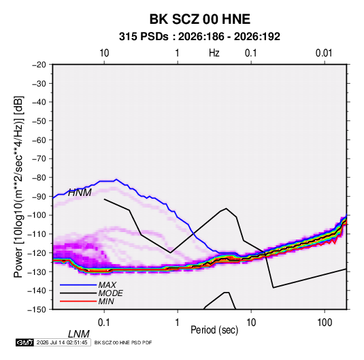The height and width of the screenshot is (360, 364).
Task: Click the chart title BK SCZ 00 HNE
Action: coord(199,19)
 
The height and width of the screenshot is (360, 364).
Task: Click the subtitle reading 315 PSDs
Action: coord(144,37)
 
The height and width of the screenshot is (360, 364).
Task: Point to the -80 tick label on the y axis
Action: coord(39,178)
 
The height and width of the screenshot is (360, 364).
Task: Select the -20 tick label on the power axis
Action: coord(39,65)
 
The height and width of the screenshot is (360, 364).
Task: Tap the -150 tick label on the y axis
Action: coord(37,310)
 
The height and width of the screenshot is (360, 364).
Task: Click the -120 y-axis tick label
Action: coord(37,252)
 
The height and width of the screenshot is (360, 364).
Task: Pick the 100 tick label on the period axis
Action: coord(325,323)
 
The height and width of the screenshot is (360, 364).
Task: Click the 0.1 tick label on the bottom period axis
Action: coord(104,323)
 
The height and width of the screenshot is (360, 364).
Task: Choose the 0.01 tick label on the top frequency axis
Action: coord(324,53)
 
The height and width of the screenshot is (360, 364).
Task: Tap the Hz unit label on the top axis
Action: coord(214,53)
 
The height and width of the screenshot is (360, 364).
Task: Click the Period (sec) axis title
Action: coord(214,330)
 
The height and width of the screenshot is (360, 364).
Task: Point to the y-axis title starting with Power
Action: coord(18,187)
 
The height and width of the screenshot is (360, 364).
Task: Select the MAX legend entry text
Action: coord(107,284)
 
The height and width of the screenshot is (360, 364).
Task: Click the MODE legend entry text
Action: coord(110,293)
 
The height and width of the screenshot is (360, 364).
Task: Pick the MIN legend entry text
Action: coord(106,301)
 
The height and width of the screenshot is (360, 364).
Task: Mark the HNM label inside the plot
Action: coord(80,193)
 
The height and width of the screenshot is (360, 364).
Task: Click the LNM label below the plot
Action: coord(78,334)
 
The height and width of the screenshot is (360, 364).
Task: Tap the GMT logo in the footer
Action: coord(24,342)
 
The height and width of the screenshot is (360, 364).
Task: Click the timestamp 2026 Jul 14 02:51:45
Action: coord(62,342)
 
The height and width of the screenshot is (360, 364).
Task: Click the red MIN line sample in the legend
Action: coord(78,301)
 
